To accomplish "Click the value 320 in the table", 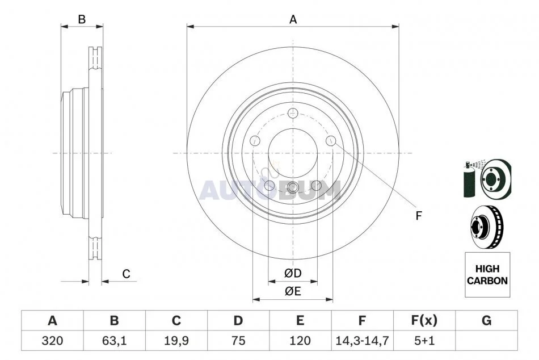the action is (x=52, y=341).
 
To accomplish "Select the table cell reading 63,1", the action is (x=114, y=341).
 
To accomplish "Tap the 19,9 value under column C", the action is (x=176, y=341).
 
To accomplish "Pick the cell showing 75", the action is (x=238, y=341).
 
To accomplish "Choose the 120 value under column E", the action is (x=300, y=341).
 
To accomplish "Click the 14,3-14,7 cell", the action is (x=361, y=341).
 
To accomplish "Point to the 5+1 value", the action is (x=424, y=341).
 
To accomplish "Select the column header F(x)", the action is (x=424, y=320).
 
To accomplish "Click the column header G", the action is (x=486, y=320).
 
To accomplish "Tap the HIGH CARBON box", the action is (x=487, y=275).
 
